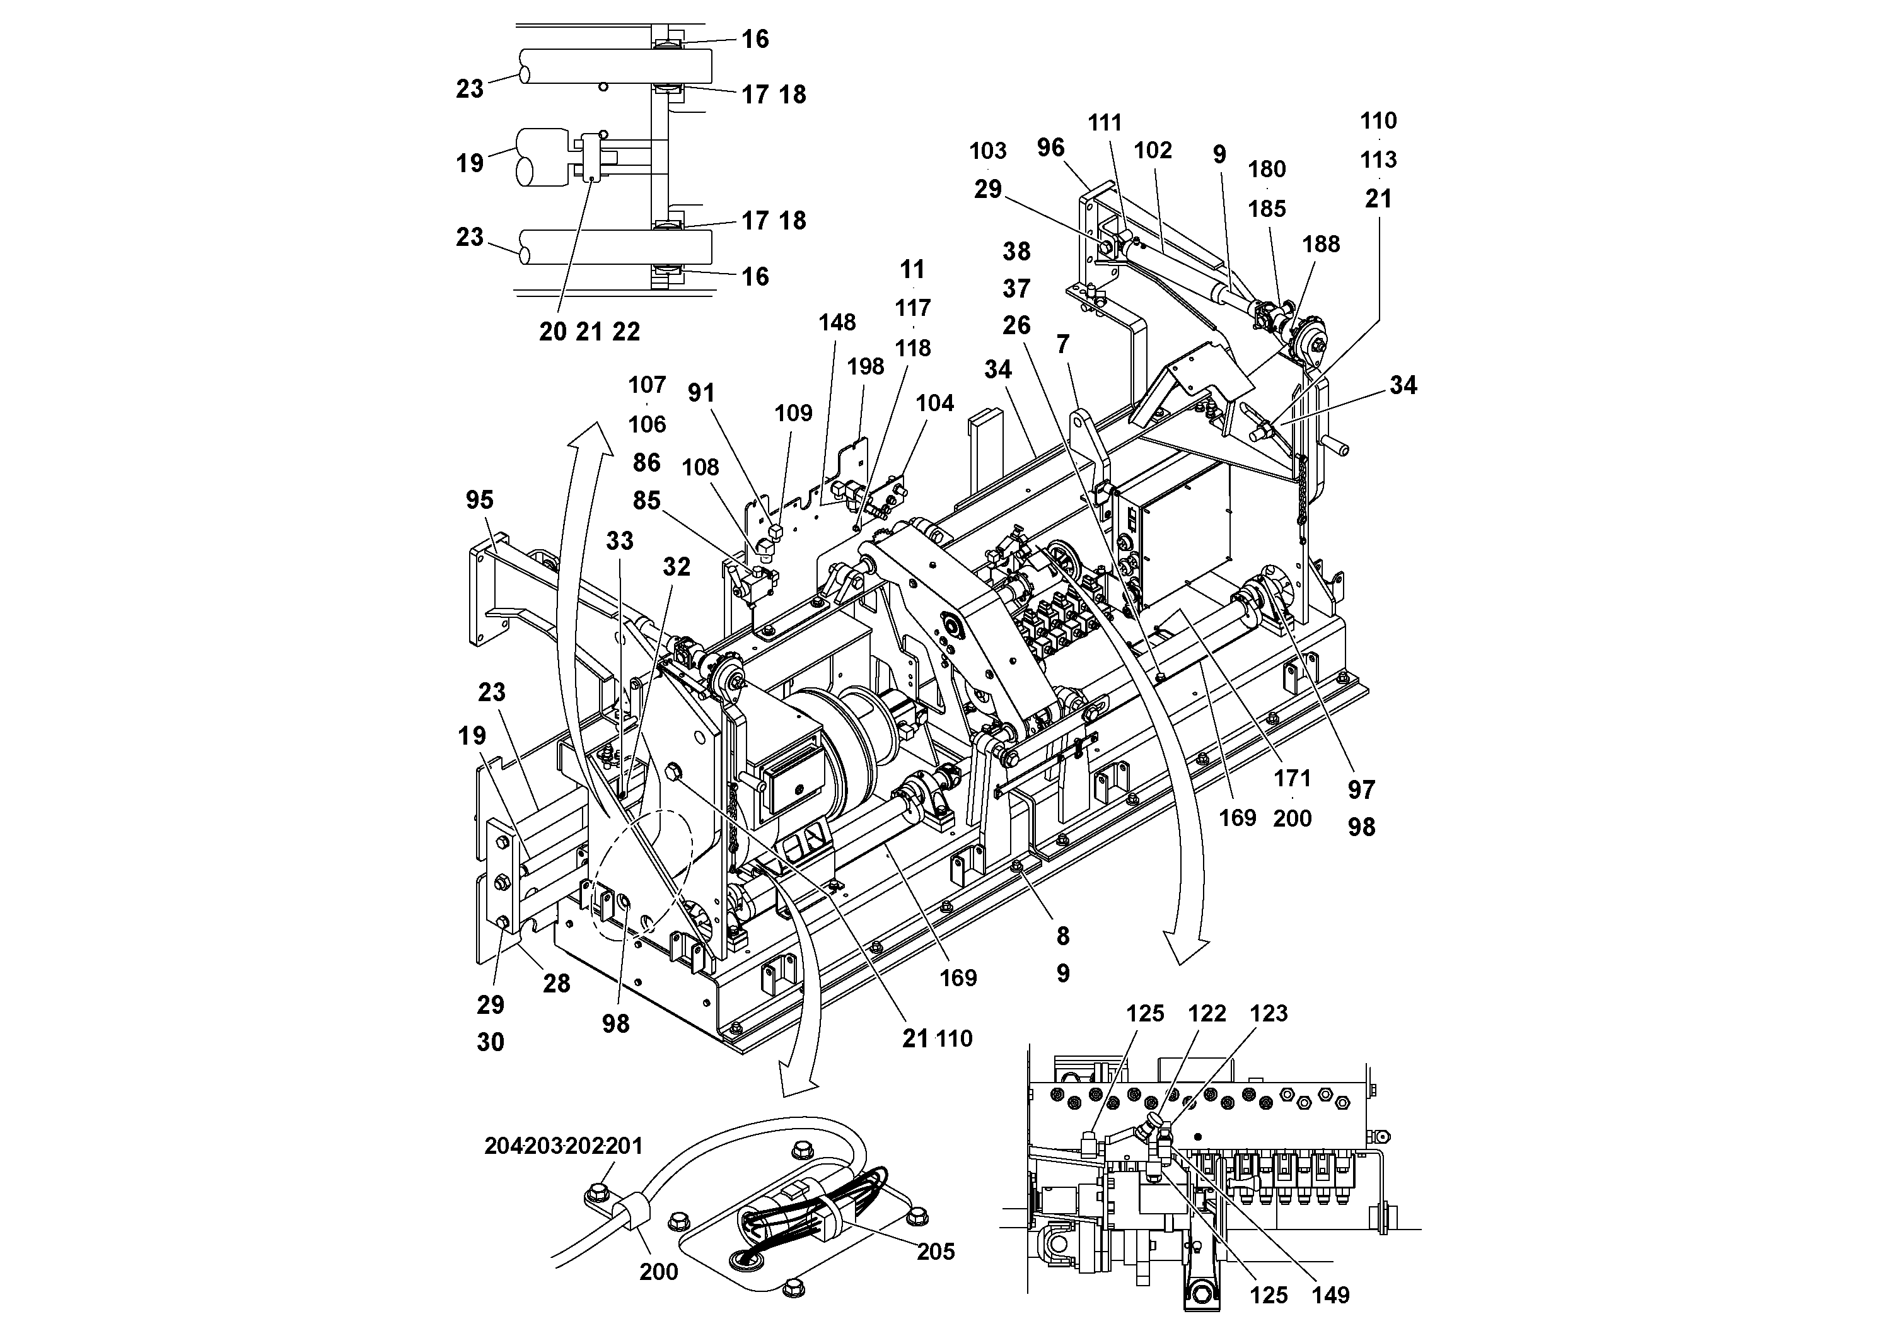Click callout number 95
point(479,499)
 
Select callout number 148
point(837,322)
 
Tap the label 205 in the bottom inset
point(935,1252)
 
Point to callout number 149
point(1331,1295)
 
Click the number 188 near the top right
point(1321,245)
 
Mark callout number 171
point(1292,778)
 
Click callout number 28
point(556,984)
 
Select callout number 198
point(866,366)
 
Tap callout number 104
point(934,403)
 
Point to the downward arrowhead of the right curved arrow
point(1186,952)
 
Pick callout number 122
point(1207,1014)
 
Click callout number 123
point(1268,1014)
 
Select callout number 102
point(1153,151)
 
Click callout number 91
point(700,393)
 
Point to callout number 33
point(619,540)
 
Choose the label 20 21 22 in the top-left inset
point(590,332)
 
